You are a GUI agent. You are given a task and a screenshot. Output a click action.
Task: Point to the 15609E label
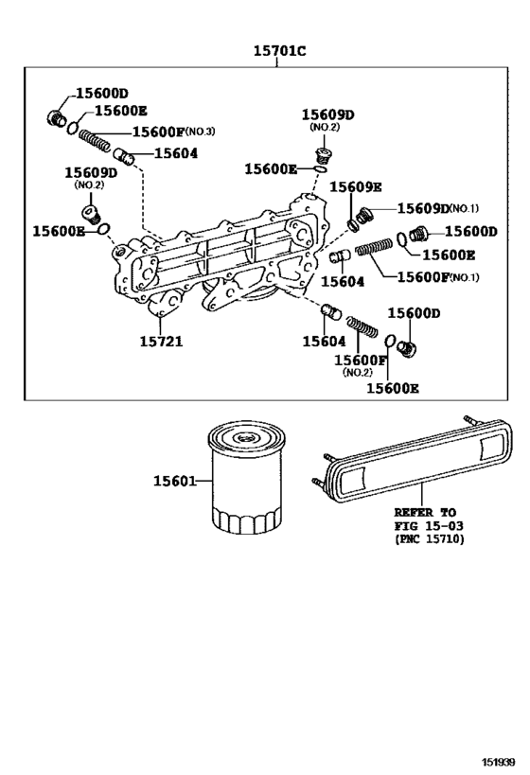pos(355,186)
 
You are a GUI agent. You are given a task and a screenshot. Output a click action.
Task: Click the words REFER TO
pos(424,511)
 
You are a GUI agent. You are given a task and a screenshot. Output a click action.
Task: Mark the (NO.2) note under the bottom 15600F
pos(356,373)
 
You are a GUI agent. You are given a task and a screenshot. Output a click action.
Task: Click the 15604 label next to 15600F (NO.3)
pos(176,152)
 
